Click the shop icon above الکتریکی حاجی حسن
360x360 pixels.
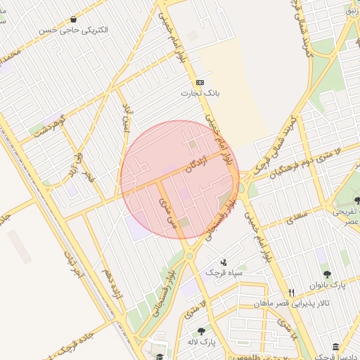[x=75, y=20]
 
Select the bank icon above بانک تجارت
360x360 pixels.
[x=200, y=82]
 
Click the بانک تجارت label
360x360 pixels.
[x=200, y=93]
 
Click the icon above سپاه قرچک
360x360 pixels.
[x=224, y=261]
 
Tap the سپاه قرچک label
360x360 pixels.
[x=224, y=272]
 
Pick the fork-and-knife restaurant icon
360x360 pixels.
[x=291, y=292]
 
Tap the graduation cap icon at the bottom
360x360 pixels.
[x=160, y=348]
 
